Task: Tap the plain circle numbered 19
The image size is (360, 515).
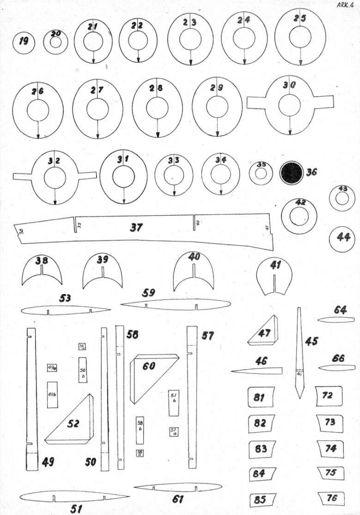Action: point(24,42)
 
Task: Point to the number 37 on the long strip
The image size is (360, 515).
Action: point(136,228)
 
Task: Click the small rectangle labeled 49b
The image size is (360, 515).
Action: point(52,394)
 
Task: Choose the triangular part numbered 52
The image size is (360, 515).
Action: point(73,423)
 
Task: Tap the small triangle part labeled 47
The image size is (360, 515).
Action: point(264,333)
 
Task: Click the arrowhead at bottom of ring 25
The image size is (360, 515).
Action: point(300,62)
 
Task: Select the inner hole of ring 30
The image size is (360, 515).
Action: point(289,104)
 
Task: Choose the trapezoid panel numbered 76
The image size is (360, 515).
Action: point(331,498)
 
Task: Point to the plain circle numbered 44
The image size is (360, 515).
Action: point(342,238)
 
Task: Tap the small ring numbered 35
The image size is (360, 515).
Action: point(261,173)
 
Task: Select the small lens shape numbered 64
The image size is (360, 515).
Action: point(336,319)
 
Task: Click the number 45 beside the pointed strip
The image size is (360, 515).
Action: point(312,341)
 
